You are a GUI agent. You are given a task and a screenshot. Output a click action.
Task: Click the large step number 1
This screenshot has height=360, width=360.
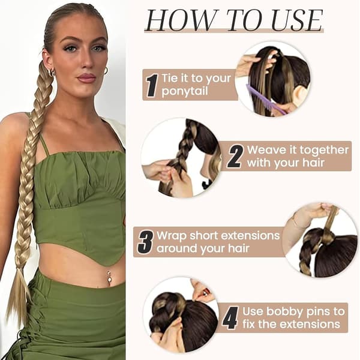coord(152,85)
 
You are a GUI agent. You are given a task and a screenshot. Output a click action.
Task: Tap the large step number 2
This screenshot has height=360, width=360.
coord(235,157)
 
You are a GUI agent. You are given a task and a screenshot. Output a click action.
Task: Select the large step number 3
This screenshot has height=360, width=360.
coord(146,242)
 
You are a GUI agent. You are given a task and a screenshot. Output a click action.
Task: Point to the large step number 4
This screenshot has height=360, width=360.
coord(230,318)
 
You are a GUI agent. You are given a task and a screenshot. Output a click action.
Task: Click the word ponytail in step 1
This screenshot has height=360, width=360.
coord(185,91)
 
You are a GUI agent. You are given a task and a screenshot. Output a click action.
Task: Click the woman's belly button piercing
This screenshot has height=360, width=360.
coord(108,277)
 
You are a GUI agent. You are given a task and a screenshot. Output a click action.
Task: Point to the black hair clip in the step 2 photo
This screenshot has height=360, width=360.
coord(206,184)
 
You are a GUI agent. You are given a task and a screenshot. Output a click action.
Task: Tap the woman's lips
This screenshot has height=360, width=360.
coord(86,78)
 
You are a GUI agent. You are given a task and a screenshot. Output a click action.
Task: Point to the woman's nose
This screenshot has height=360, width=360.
coord(87,59)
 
